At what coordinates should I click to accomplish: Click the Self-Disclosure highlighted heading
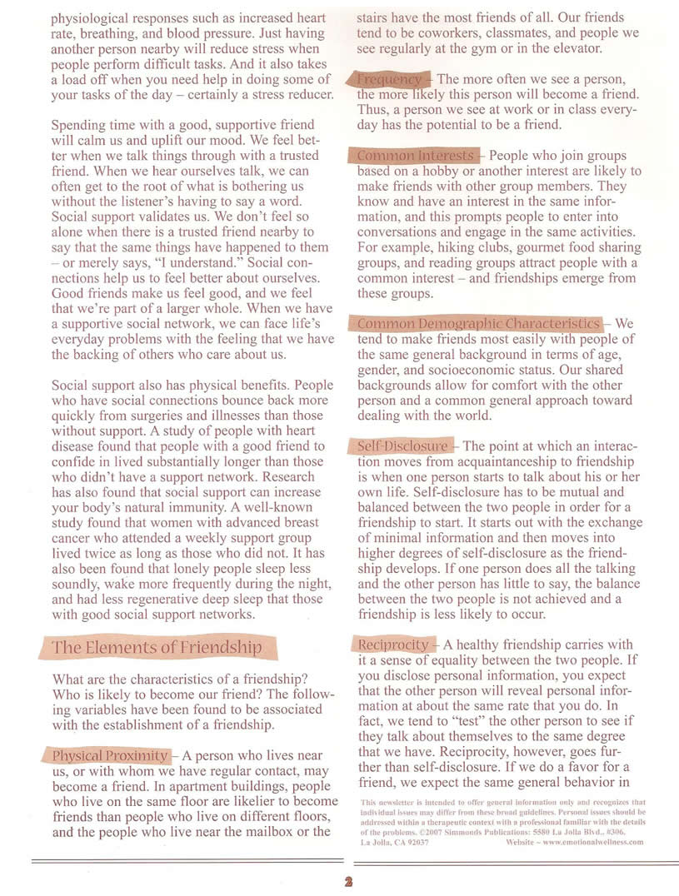tap(402, 446)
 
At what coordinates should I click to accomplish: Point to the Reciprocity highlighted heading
tap(393, 645)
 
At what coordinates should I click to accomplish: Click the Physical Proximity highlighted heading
tap(109, 756)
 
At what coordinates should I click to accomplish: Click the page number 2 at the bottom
tap(339, 882)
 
